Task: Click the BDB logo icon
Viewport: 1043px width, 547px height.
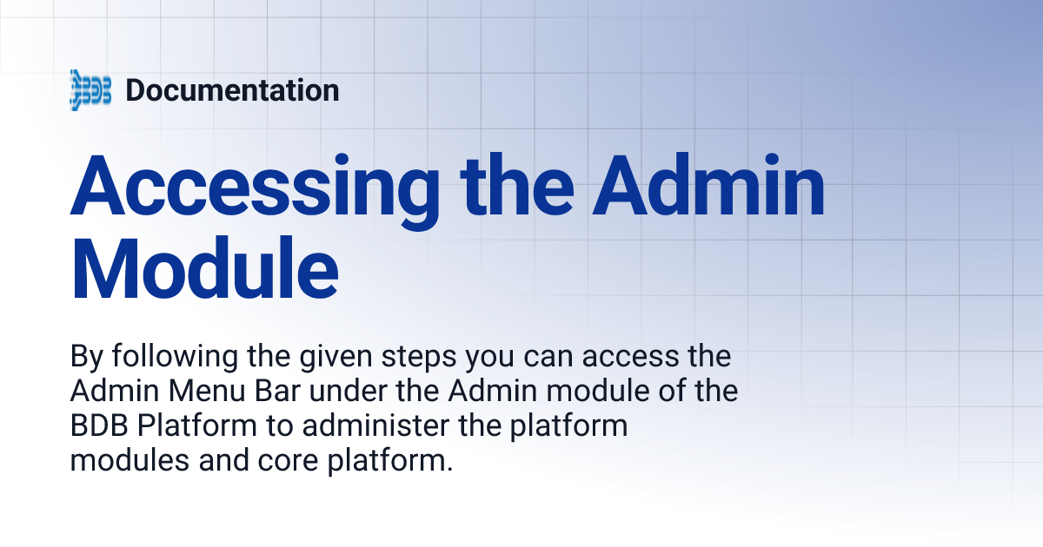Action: click(x=90, y=90)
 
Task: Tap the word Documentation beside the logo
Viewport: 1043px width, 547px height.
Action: click(x=232, y=90)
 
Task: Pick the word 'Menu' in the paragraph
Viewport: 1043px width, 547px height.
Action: click(x=204, y=392)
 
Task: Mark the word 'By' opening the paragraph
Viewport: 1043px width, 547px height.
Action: click(x=83, y=358)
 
